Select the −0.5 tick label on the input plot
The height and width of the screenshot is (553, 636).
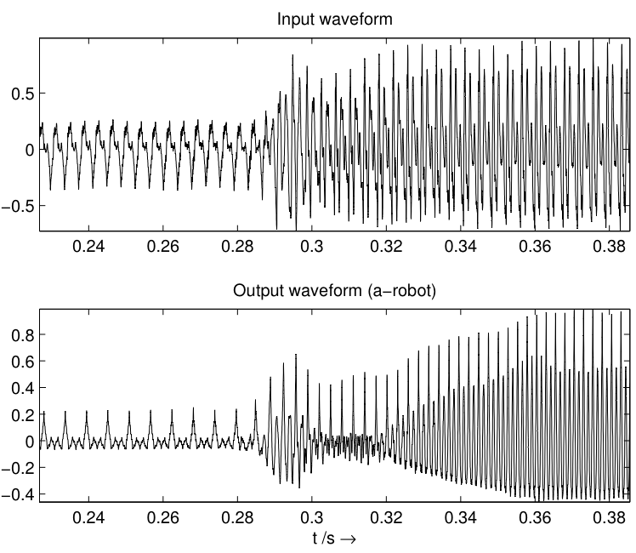(18, 206)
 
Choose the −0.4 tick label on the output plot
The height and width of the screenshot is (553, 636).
(18, 493)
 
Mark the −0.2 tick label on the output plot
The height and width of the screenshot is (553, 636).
(18, 467)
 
